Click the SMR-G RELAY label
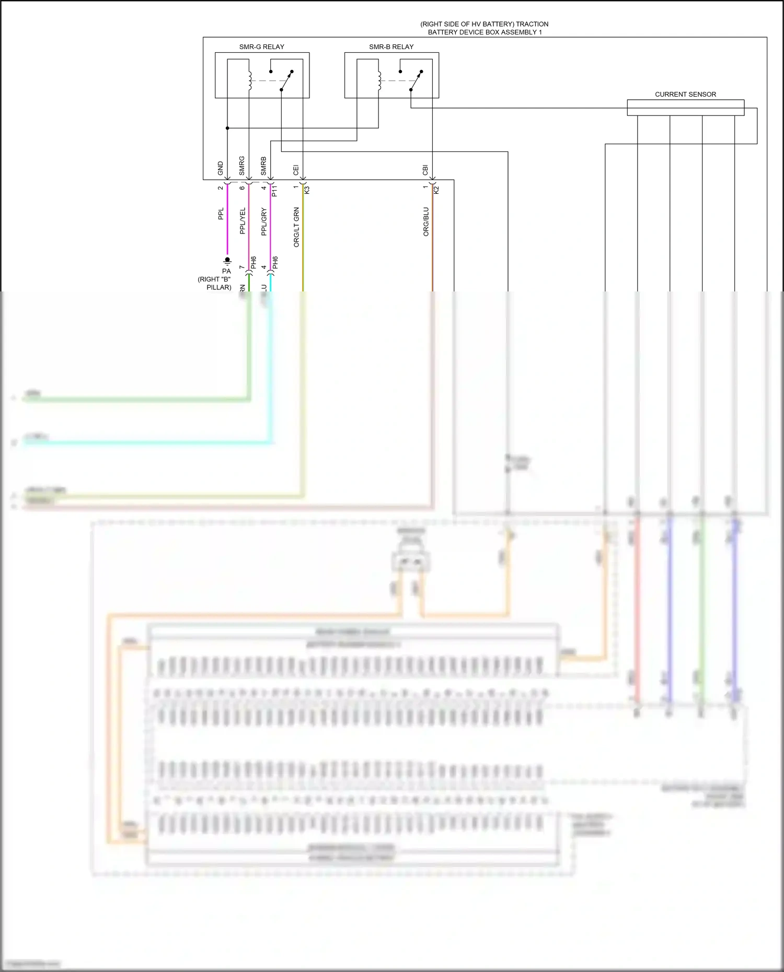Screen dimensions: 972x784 261,47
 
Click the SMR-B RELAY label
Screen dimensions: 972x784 391,47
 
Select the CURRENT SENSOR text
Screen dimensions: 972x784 685,95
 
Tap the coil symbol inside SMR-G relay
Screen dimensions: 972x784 249,80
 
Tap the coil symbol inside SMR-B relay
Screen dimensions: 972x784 379,80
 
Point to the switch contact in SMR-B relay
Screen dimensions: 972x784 416,80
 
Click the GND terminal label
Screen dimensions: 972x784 221,168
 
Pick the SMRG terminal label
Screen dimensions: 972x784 242,166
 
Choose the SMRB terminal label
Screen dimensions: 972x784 264,166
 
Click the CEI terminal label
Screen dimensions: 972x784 296,170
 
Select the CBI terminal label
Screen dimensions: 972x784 425,170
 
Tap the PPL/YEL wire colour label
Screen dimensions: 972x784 242,221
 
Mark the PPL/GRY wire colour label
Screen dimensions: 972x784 264,221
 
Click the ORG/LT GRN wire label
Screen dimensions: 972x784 296,227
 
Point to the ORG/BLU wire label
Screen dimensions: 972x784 426,222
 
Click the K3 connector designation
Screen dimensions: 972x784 307,190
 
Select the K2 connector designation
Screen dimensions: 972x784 437,190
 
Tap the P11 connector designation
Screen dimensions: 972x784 275,190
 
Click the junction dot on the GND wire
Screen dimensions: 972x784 227,128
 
